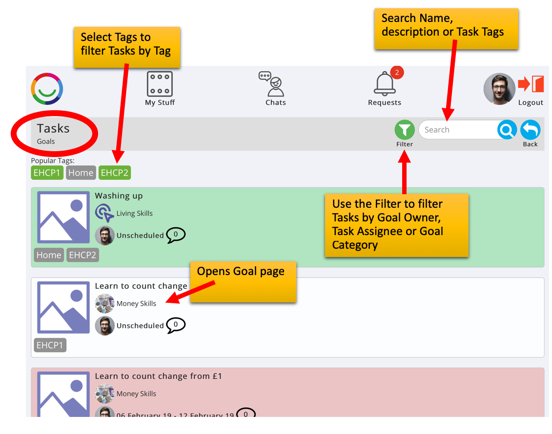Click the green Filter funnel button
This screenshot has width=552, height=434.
pyautogui.click(x=405, y=130)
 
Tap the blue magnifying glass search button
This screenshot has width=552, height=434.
pyautogui.click(x=507, y=130)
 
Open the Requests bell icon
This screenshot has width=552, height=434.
pyautogui.click(x=385, y=84)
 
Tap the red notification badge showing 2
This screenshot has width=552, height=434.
pyautogui.click(x=397, y=73)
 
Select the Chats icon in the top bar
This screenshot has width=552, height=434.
pyautogui.click(x=272, y=84)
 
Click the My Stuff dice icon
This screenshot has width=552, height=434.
pyautogui.click(x=160, y=84)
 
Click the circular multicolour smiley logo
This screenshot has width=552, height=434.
pyautogui.click(x=47, y=89)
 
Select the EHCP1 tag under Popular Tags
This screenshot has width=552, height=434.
pyautogui.click(x=47, y=173)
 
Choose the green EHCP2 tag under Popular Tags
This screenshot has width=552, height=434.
pyautogui.click(x=115, y=173)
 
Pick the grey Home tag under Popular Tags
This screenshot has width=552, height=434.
pyautogui.click(x=81, y=173)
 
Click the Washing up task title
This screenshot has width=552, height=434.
pyautogui.click(x=119, y=196)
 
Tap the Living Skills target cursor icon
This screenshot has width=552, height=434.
pyautogui.click(x=104, y=213)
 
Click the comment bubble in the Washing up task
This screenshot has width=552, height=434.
pyautogui.click(x=176, y=235)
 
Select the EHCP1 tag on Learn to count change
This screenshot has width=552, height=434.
pyautogui.click(x=50, y=345)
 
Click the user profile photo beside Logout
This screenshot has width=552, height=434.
pyautogui.click(x=499, y=89)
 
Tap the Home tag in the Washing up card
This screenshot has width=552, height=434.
pyautogui.click(x=49, y=255)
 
